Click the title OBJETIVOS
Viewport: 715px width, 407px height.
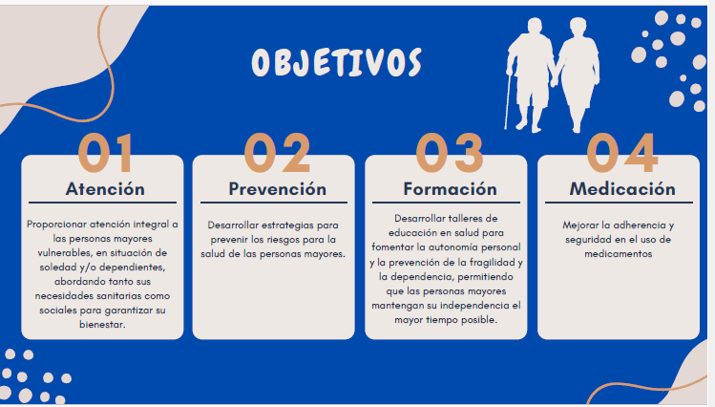click(x=337, y=62)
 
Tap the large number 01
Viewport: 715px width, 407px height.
click(x=106, y=153)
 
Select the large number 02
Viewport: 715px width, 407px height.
click(x=277, y=153)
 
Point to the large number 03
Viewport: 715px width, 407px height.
click(x=450, y=153)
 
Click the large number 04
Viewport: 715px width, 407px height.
click(x=622, y=153)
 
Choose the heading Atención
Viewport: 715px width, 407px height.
click(x=105, y=189)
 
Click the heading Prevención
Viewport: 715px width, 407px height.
click(x=277, y=189)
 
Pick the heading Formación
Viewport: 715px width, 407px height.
click(x=450, y=189)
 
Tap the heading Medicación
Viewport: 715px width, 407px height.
click(x=622, y=189)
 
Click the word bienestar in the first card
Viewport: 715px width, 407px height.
click(x=102, y=325)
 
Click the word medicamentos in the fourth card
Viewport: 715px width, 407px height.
click(x=619, y=254)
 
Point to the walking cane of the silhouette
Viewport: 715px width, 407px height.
click(x=508, y=100)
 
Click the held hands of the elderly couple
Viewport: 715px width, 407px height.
click(x=554, y=81)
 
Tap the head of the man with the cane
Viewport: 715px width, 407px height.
click(x=535, y=28)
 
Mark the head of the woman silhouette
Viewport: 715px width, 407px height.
click(x=578, y=29)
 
